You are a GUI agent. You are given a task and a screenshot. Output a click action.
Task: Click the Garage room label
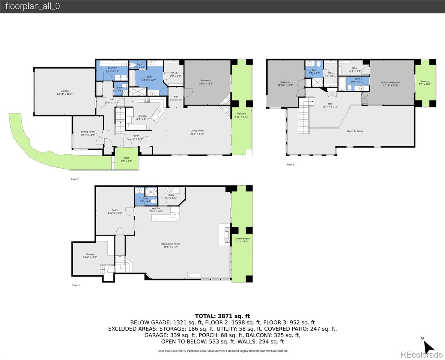(x=65, y=92)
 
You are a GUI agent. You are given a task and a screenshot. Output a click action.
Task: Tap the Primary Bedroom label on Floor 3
(x=390, y=84)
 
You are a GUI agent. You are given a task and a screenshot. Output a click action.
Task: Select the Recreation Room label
(x=170, y=245)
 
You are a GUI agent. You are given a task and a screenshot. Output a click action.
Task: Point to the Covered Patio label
(x=242, y=240)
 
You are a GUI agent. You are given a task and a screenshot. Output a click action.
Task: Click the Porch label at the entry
(x=126, y=159)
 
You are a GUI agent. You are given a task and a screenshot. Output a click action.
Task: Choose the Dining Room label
(x=88, y=133)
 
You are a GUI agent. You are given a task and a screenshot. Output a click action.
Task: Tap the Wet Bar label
(x=156, y=210)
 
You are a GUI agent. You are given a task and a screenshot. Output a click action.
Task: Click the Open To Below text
(x=355, y=131)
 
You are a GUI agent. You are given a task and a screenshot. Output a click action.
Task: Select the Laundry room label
(x=112, y=69)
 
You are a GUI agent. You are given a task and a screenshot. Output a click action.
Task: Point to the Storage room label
(x=90, y=256)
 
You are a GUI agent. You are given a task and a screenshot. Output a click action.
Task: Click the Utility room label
(x=171, y=196)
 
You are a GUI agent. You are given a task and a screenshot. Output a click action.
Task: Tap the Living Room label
(x=197, y=132)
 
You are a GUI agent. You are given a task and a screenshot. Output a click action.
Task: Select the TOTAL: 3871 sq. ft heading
(x=222, y=316)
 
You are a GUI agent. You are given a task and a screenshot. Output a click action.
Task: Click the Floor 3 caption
(x=290, y=164)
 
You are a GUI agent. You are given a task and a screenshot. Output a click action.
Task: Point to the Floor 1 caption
(x=76, y=285)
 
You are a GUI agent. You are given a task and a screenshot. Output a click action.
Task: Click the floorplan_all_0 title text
(x=32, y=6)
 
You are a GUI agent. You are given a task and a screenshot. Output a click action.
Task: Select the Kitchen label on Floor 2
(x=142, y=117)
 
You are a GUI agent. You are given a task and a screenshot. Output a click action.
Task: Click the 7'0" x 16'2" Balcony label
(x=425, y=83)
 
